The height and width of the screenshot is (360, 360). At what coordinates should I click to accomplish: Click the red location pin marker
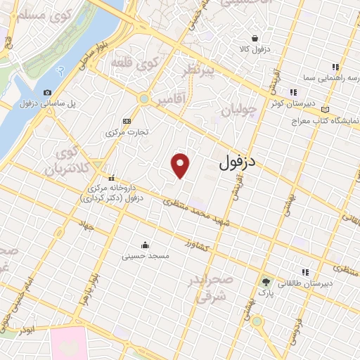(x=181, y=164)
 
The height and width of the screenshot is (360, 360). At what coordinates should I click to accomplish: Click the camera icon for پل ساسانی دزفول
(x=47, y=93)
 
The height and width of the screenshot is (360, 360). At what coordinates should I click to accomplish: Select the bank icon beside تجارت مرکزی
(x=126, y=120)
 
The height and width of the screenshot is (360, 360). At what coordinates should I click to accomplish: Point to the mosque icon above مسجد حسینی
(x=145, y=245)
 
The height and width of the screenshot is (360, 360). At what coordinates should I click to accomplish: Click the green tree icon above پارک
(x=265, y=280)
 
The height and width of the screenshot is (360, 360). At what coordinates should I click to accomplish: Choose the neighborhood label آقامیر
(x=172, y=99)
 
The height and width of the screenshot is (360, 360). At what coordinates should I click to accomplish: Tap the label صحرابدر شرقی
(x=204, y=289)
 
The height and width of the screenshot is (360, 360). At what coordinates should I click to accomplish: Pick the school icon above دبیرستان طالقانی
(x=305, y=272)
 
